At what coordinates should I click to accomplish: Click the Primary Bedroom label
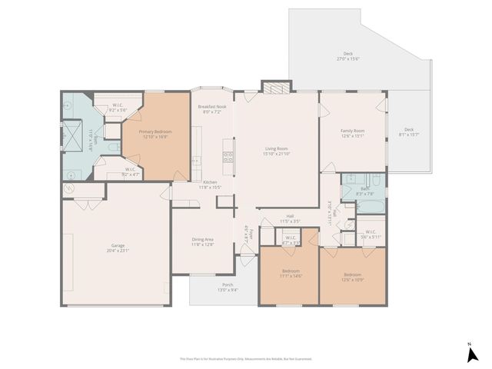(155, 134)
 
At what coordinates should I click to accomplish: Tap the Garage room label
(118, 248)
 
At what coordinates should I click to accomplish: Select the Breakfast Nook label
(211, 108)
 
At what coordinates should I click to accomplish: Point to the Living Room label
(277, 151)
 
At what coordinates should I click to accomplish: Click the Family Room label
(353, 133)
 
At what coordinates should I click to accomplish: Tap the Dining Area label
(203, 241)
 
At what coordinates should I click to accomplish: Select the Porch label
(228, 287)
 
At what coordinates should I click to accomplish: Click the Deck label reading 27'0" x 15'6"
(349, 56)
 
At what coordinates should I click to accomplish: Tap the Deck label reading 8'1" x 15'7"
(409, 131)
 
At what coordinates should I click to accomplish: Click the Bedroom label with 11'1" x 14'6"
(291, 274)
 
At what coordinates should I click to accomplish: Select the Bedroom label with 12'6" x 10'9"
(352, 277)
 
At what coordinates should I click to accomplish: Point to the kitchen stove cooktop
(228, 158)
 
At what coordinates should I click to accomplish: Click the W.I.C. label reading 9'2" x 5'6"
(118, 108)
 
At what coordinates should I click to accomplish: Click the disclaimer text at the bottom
(246, 358)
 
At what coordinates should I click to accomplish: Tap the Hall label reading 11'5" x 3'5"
(291, 218)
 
